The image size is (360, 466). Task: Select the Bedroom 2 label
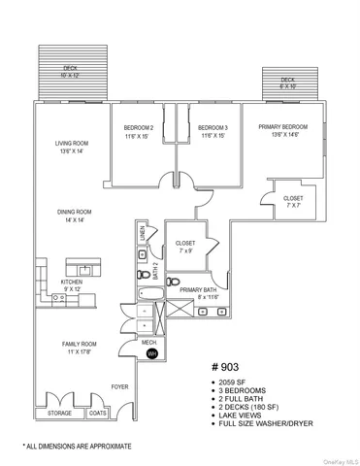click(x=138, y=131)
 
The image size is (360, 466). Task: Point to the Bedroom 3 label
click(x=213, y=131)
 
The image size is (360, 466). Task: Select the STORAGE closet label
click(x=59, y=413)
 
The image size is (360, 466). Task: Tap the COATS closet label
click(x=98, y=413)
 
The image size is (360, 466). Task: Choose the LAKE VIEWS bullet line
click(x=243, y=414)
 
